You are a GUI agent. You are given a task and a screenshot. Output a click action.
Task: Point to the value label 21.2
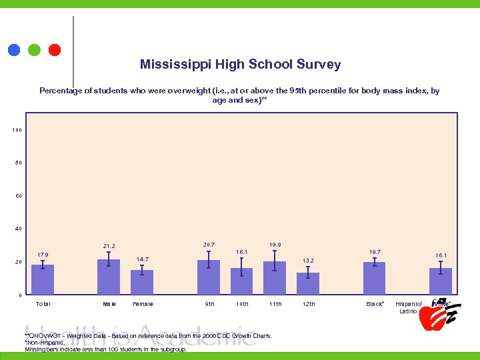[109, 246]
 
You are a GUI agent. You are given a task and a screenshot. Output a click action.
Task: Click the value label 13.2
[308, 261]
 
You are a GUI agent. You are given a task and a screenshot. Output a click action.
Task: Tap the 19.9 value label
[275, 245]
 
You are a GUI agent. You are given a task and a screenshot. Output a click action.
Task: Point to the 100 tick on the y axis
[17, 130]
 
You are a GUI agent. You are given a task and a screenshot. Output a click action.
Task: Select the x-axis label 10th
[242, 304]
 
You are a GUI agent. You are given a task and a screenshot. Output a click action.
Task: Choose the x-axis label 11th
[275, 304]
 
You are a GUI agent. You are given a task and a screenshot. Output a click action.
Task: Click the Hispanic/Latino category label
[408, 307]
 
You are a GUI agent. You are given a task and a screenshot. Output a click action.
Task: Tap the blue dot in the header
[13, 49]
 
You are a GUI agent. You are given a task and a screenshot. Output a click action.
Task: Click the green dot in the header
[34, 49]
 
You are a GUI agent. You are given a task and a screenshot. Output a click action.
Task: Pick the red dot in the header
[55, 49]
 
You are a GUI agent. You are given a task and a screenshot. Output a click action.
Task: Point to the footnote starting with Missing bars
[105, 349]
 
